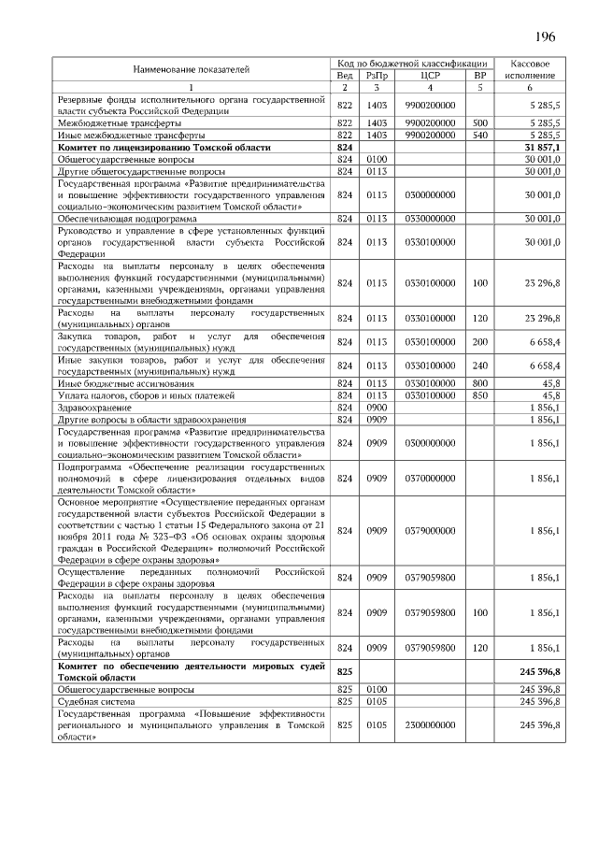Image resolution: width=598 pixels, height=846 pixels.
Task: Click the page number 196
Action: [x=545, y=36]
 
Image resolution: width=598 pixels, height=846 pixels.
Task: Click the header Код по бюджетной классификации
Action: [x=413, y=62]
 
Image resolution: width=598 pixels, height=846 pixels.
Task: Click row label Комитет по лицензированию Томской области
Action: [x=164, y=148]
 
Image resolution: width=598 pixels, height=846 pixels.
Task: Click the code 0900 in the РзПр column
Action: [x=377, y=408]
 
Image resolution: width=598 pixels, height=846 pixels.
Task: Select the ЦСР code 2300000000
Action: [x=431, y=724]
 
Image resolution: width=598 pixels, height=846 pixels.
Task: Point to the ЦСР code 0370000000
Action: [x=431, y=478]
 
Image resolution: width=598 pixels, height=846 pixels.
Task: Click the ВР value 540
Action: [x=480, y=135]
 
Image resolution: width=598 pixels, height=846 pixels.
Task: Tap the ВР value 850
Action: [x=480, y=395]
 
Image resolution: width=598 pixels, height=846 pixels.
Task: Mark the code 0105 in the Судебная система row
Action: [x=377, y=699]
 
